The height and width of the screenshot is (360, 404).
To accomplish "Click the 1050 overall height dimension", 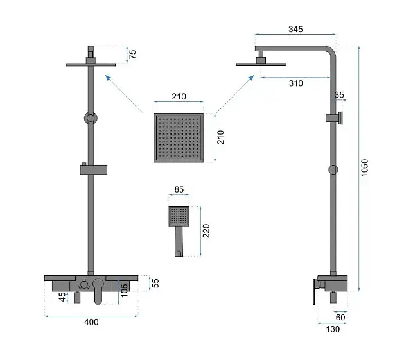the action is [x=365, y=167].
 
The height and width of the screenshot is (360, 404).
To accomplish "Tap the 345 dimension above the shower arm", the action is [x=295, y=29].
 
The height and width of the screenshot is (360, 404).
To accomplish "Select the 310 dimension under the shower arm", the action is [x=296, y=83].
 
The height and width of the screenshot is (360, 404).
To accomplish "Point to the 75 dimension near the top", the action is [x=132, y=54].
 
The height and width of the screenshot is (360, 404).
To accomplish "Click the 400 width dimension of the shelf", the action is [x=91, y=322].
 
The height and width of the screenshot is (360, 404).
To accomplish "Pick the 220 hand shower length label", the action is [x=206, y=231].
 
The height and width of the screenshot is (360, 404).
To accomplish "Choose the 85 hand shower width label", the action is [x=179, y=189].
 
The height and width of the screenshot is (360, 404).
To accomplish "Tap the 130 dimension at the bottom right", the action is [x=333, y=329].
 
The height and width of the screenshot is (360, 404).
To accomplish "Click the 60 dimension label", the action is [x=340, y=317].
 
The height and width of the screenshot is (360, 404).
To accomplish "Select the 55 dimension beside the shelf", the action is [x=155, y=283].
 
